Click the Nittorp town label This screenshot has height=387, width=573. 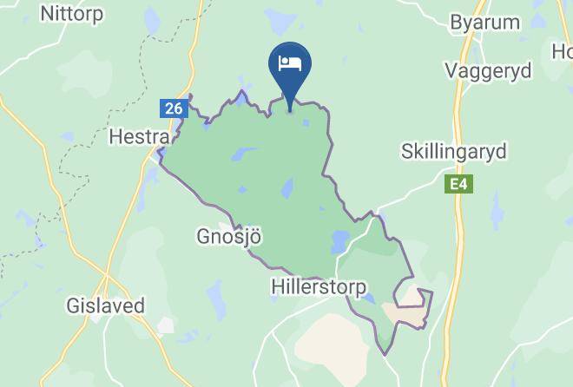[72, 14]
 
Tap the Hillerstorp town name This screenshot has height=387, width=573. [319, 285]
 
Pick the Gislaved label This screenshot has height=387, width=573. [105, 306]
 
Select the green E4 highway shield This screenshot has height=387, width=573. [457, 185]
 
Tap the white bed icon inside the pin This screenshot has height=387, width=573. [289, 62]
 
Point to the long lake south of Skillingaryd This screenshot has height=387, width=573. [497, 208]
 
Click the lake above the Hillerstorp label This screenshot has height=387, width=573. [339, 242]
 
